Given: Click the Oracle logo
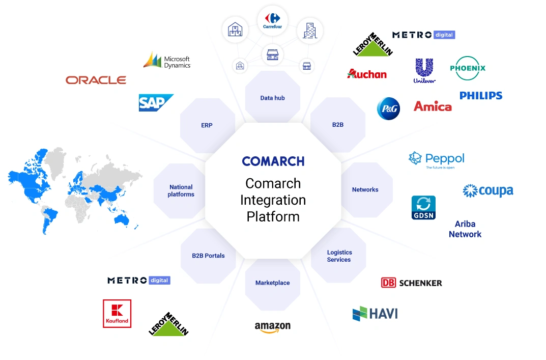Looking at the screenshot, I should (x=96, y=80).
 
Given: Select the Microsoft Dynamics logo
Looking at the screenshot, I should (x=167, y=61).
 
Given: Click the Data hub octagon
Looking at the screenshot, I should (x=272, y=98).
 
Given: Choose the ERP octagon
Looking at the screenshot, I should (x=207, y=125).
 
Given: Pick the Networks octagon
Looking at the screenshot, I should (x=365, y=189).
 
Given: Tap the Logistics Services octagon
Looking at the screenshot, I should (x=339, y=256).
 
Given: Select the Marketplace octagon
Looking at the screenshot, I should (x=272, y=283).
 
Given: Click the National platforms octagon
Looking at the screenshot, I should (x=181, y=190).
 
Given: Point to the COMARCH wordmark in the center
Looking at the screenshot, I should (x=273, y=161).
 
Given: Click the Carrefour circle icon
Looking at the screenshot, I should (x=272, y=20).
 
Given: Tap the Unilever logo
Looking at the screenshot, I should (x=424, y=70).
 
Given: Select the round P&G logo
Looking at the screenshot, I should (x=388, y=108).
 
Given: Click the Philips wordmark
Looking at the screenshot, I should (x=480, y=95).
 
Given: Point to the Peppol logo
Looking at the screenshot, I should (x=437, y=159).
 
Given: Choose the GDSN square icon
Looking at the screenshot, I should (x=423, y=208).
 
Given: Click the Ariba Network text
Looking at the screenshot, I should (x=465, y=229).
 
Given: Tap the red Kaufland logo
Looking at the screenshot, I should (x=117, y=313).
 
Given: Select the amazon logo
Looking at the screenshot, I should (x=273, y=327).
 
